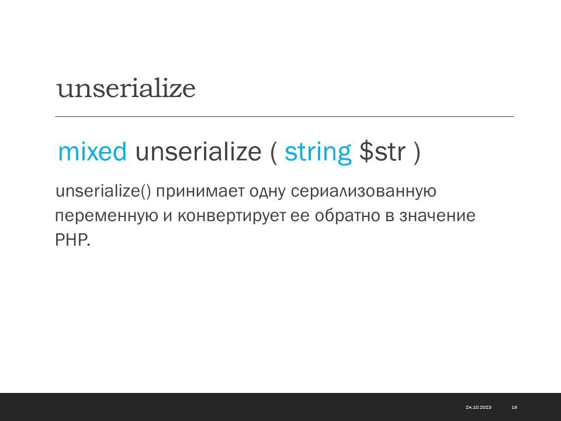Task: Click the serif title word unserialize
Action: (126, 88)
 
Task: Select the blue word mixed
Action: (92, 151)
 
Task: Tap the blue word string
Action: (318, 153)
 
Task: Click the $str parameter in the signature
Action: (382, 151)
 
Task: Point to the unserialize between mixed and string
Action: (198, 151)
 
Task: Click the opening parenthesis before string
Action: (273, 153)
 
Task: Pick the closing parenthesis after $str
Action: (417, 153)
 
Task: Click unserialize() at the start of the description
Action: (103, 191)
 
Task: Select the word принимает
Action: (200, 192)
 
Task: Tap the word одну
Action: (267, 192)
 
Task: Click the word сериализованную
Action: (363, 192)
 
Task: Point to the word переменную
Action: (106, 216)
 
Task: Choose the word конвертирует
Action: (231, 216)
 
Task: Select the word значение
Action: (437, 216)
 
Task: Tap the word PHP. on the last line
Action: (72, 240)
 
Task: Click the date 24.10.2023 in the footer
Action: (479, 407)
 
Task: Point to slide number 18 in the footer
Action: (514, 407)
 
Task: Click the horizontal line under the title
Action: (285, 116)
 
